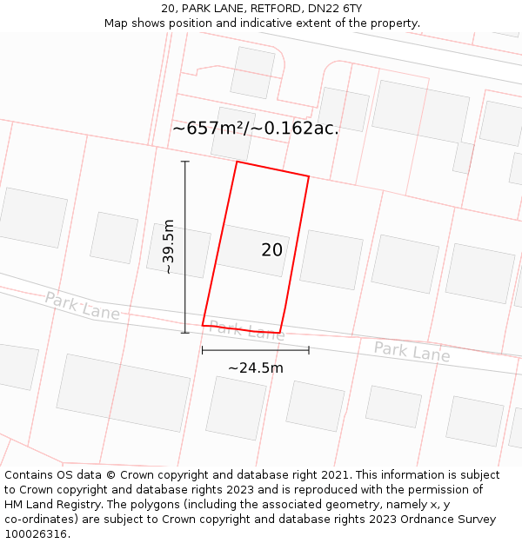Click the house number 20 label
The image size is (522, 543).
pos(271,250)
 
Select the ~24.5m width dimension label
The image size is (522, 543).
pos(256,368)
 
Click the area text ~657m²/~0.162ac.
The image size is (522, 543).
pos(255,129)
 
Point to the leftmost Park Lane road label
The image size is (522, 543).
pos(83,306)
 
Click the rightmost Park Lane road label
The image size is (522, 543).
pos(412,352)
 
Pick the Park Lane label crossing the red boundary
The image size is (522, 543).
pos(246,330)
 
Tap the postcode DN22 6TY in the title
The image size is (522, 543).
pos(334,9)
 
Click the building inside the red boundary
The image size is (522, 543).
pos(252,250)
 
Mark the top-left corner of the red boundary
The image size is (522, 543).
pos(237,162)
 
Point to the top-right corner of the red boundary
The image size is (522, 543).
pos(309,176)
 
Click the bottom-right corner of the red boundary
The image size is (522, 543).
pos(279,333)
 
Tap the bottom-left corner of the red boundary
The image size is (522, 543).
pos(203,325)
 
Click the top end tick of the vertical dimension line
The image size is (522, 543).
pos(184,162)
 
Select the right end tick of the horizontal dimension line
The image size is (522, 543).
pos(309,350)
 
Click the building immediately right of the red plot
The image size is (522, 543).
pos(331,259)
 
